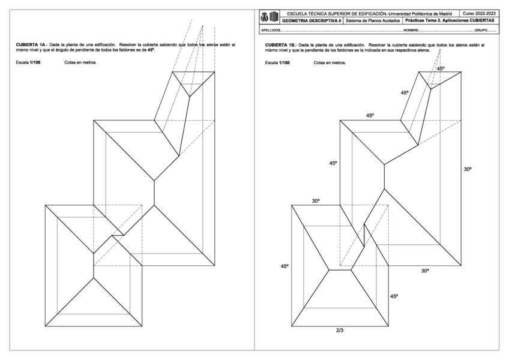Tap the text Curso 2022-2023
(x=480, y=13)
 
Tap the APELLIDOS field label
(x=271, y=29)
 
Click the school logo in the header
(x=270, y=17)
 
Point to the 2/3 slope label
(x=340, y=330)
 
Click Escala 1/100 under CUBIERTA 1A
(x=28, y=62)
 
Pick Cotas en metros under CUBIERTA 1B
(x=330, y=62)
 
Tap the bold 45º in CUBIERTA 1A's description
(x=151, y=49)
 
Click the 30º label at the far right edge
(x=468, y=170)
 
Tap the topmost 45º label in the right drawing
(x=441, y=69)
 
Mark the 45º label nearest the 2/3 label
(x=394, y=296)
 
